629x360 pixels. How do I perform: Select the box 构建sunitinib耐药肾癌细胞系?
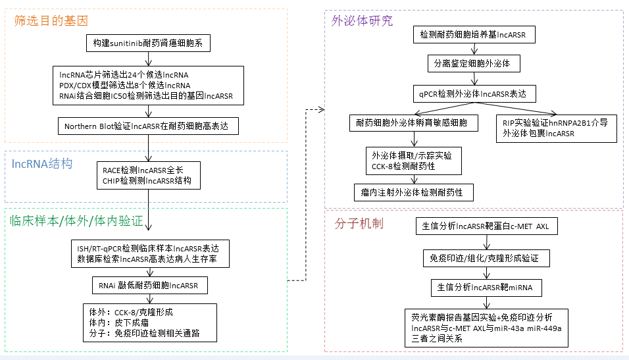coord(148,44)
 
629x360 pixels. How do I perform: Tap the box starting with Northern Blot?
coord(147,126)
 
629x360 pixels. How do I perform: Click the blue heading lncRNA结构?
coord(42,164)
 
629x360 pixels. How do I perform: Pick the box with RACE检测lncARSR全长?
coord(148,175)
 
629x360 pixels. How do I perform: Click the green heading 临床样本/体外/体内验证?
coord(76,221)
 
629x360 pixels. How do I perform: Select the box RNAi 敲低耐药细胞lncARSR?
coord(147,285)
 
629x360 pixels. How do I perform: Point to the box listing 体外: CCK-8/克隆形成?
coord(147,322)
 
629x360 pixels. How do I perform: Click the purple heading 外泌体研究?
coord(362,20)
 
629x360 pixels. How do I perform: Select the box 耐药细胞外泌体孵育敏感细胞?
coord(413,123)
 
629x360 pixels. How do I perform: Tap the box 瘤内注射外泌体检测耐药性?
coord(413,192)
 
